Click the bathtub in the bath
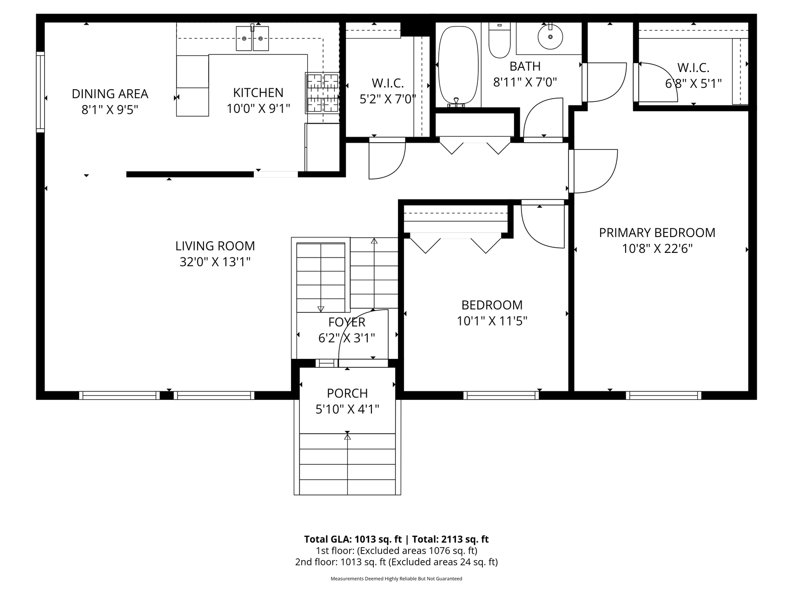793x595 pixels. [458, 66]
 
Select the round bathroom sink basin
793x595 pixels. [550, 36]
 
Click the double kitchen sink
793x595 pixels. [252, 38]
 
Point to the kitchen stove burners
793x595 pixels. [322, 93]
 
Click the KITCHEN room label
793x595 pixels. [258, 93]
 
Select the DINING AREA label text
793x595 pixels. [110, 94]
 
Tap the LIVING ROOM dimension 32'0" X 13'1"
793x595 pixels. [215, 262]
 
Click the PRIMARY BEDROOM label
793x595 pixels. [657, 233]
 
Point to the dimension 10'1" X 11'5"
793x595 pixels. [492, 321]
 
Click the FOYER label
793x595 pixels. [347, 322]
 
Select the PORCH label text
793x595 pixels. [347, 393]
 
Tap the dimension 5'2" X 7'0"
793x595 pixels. [388, 99]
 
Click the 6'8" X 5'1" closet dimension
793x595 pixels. [693, 84]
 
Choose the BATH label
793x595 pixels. [525, 66]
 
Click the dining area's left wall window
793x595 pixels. [40, 92]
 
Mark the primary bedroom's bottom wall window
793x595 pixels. [663, 396]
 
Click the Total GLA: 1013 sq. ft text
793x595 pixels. [353, 539]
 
